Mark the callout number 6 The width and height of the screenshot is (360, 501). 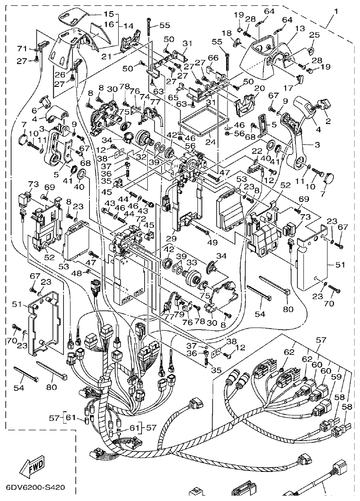click(34, 111)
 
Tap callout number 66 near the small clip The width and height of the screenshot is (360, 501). click(213, 58)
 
